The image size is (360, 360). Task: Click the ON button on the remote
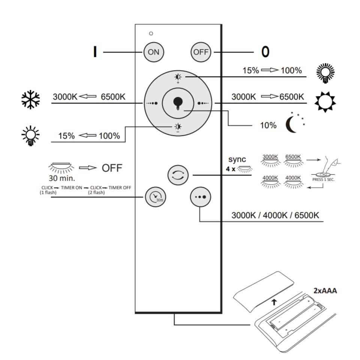(x=154, y=52)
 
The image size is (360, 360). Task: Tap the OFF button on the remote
(x=201, y=52)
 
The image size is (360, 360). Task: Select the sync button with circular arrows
(x=178, y=175)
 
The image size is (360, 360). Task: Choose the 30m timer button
(x=155, y=196)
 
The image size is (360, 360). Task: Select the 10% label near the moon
(x=268, y=125)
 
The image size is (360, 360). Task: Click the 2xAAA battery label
(x=325, y=290)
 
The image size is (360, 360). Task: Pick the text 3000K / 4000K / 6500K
(x=275, y=215)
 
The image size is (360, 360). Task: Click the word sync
(x=237, y=160)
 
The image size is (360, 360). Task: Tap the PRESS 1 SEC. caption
(x=324, y=180)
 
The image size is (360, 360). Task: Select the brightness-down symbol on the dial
(x=178, y=127)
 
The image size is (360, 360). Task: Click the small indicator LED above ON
(x=151, y=33)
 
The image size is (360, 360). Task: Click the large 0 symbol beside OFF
(x=265, y=52)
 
